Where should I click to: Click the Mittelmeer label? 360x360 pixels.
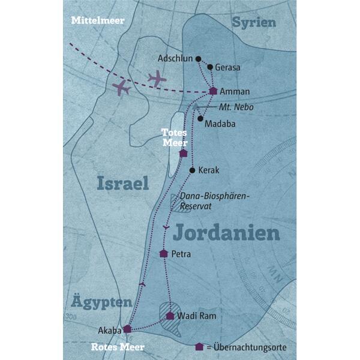97,20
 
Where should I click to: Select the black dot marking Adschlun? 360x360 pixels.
199,59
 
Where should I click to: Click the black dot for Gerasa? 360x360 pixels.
210,67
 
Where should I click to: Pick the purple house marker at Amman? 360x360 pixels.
213,91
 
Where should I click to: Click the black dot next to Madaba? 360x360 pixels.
200,118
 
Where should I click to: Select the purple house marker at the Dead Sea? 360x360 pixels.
184,153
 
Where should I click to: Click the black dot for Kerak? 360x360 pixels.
192,171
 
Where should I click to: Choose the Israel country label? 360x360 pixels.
122,184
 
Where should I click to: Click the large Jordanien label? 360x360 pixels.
228,233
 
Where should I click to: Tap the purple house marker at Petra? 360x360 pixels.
163,254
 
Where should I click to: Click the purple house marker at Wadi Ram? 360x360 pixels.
170,316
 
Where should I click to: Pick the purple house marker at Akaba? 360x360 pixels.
127,329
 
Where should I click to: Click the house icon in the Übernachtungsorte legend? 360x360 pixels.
199,347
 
